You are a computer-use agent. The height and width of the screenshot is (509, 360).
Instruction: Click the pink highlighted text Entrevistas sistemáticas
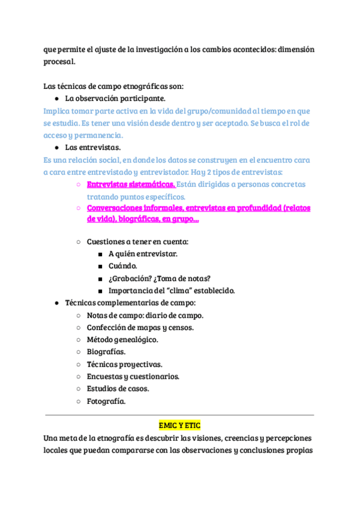point(131,184)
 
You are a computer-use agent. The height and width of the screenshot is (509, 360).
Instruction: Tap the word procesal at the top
point(59,62)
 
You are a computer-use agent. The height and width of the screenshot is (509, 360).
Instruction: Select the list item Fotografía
point(106,402)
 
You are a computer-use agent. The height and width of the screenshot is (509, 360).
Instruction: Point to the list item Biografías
point(106,352)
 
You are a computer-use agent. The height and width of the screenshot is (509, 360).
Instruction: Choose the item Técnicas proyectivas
point(124,364)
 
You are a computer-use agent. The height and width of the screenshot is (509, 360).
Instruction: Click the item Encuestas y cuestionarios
point(133,377)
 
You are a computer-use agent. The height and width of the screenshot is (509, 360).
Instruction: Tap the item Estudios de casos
point(118,389)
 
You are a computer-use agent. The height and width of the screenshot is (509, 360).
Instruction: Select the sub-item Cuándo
point(122,266)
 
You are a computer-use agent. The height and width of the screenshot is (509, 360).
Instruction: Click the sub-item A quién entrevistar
point(143,254)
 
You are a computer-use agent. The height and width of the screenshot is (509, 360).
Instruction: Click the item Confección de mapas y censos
point(140,328)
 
